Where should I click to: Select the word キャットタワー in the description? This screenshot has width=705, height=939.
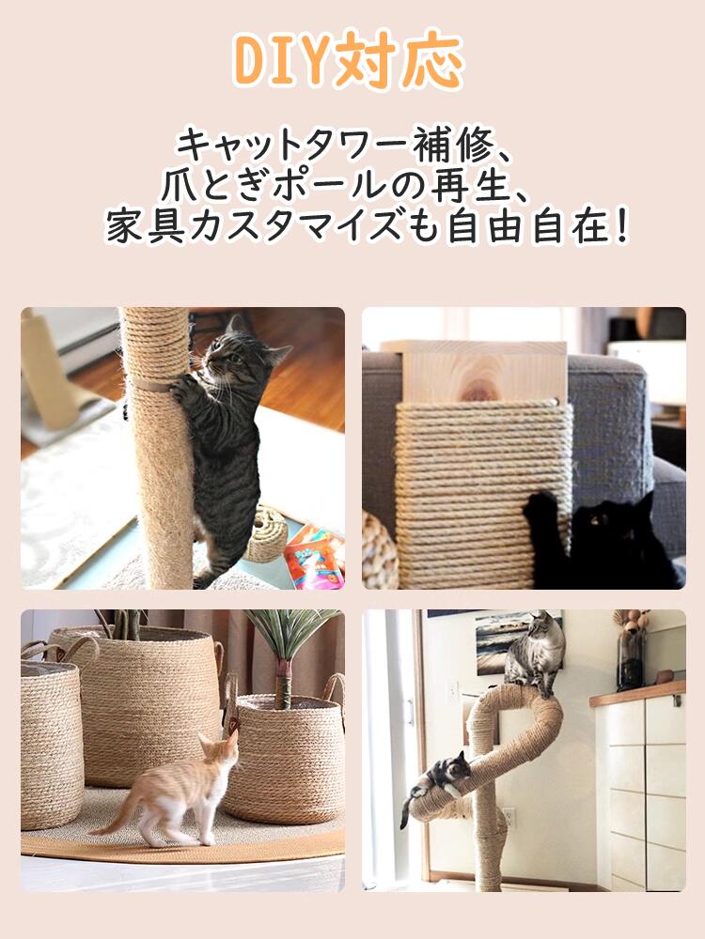tap(292, 145)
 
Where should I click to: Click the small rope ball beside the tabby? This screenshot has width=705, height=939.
tap(266, 535)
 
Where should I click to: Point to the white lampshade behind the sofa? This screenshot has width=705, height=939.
tap(647, 372)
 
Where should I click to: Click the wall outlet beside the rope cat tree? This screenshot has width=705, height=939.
tap(509, 817)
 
